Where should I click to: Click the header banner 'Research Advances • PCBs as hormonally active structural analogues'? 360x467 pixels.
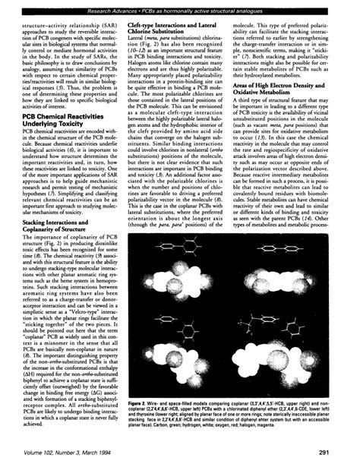179,7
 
